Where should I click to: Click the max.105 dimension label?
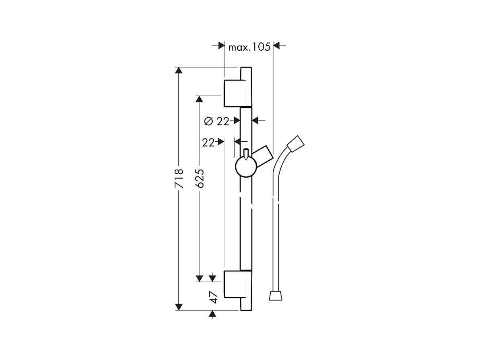[x=249, y=48]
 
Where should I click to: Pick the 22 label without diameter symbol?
[x=208, y=142]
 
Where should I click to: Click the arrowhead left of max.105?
[x=221, y=46]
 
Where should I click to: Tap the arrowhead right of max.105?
[x=277, y=46]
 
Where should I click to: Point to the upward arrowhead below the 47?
[x=212, y=314]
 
